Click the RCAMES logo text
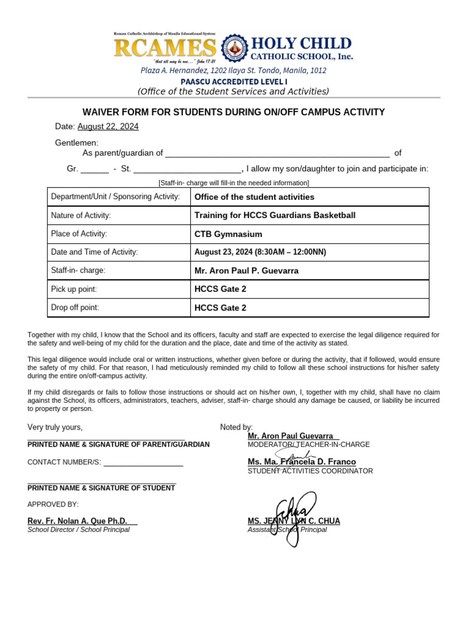(165, 48)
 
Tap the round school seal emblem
(235, 48)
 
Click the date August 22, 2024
(108, 126)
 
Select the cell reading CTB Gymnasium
(228, 234)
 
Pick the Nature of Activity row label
(81, 215)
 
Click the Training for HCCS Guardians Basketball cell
(274, 215)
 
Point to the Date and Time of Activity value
(260, 252)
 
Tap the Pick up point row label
(74, 289)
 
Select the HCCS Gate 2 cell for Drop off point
(220, 308)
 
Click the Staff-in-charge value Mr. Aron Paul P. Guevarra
(246, 271)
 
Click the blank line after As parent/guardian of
(277, 154)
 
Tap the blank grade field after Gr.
(94, 169)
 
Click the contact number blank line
(143, 463)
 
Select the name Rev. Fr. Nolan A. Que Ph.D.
(77, 521)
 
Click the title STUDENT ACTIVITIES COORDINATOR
(310, 471)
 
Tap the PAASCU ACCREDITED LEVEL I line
(233, 81)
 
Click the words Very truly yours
(55, 427)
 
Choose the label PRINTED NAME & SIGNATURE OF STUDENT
(101, 488)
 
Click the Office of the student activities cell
(254, 197)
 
